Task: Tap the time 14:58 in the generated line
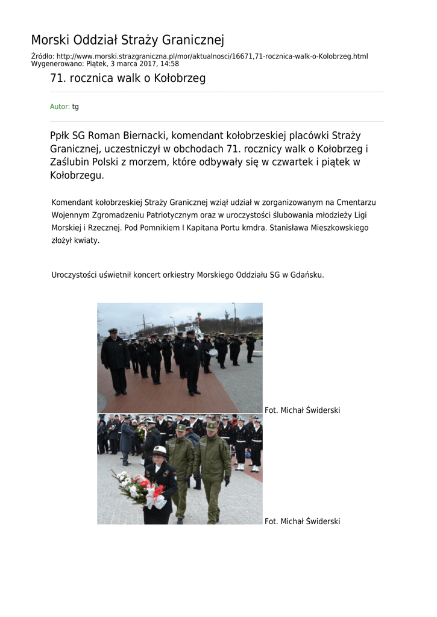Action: tap(169, 63)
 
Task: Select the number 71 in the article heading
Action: tap(57, 78)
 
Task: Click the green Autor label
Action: tap(60, 107)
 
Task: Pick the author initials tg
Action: tap(75, 107)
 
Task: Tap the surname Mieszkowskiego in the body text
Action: tap(336, 228)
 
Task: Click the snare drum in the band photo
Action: tap(213, 352)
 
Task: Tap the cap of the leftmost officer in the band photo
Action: tap(113, 331)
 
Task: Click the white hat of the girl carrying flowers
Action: tap(160, 450)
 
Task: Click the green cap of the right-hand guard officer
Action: tap(212, 425)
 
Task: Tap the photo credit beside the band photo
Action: tap(302, 410)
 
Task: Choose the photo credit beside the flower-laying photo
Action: tap(302, 521)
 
